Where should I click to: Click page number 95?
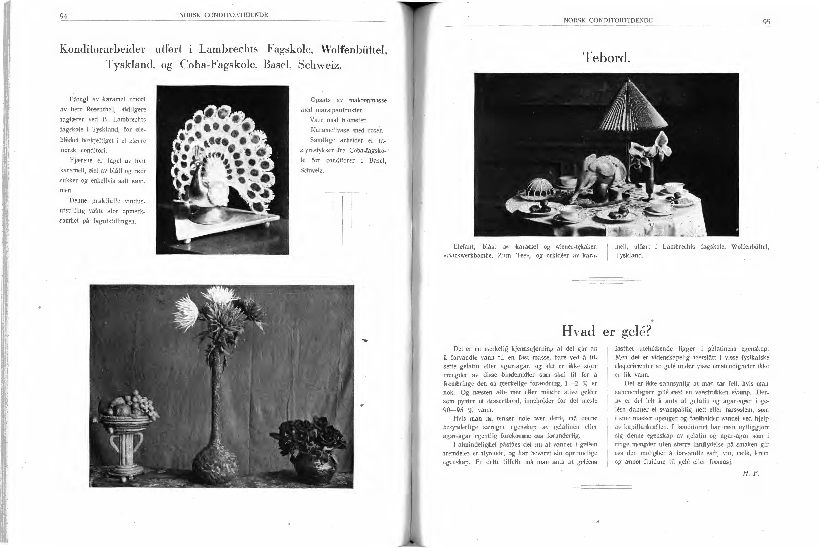(x=766, y=22)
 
